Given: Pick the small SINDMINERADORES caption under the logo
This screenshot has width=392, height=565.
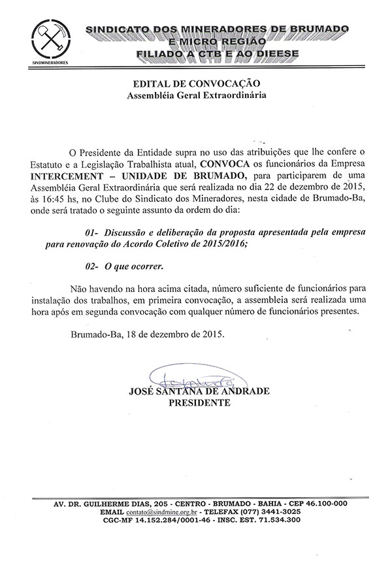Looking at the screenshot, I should (x=50, y=63).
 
